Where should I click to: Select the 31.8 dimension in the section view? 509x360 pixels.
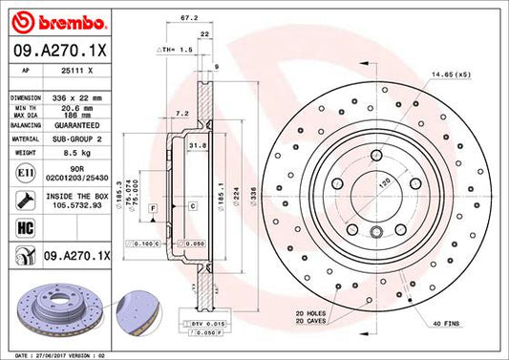pyautogui.click(x=199, y=144)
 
